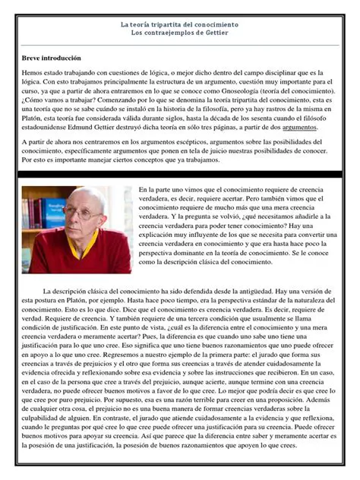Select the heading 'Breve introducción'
pos(51,58)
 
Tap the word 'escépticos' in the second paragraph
pos(197,142)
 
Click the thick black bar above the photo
pos(180,175)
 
